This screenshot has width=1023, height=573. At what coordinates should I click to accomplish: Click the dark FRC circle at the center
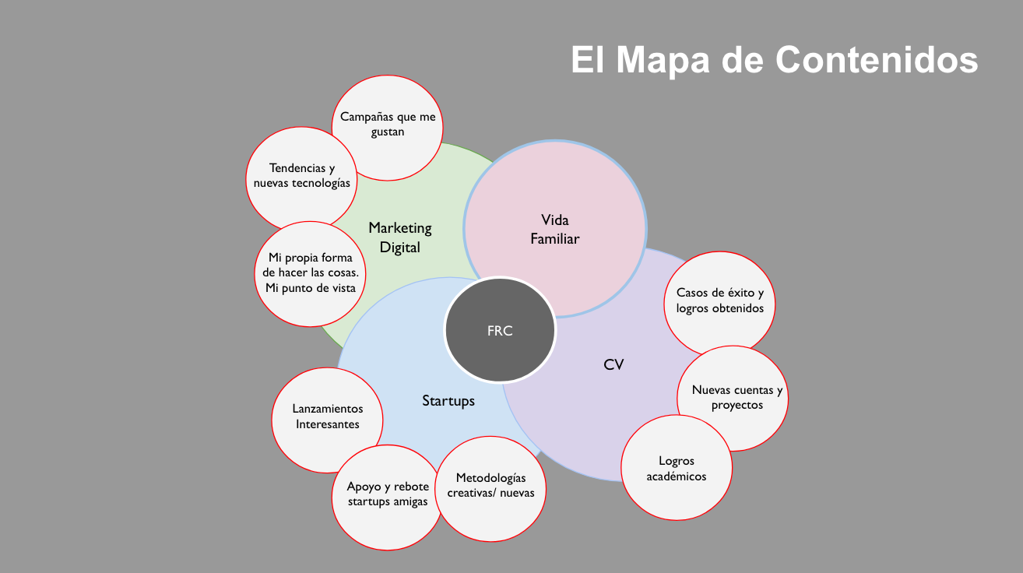coord(500,329)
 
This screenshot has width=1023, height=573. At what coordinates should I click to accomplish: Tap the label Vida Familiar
coord(555,229)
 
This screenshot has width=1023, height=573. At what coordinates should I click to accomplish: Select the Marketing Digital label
coord(400,237)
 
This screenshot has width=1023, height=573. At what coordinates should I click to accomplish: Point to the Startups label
coord(448,400)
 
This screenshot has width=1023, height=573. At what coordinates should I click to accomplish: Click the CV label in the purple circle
coord(613,364)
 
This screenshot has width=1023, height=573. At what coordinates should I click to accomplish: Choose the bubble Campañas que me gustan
coord(387,128)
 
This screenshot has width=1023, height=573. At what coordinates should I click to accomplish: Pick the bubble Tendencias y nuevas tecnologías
coord(301,179)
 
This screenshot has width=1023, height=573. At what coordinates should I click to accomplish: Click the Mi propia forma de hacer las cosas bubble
coord(310,274)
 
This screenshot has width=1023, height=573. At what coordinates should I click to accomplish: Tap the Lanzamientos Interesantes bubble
coord(327,420)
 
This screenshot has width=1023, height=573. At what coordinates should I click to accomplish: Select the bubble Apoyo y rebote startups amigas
coord(387,497)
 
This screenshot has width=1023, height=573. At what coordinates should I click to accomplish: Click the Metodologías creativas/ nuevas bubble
coord(490,489)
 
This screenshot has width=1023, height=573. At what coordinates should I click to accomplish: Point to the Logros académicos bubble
coord(677,468)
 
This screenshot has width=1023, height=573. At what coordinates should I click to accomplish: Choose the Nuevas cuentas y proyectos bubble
coord(733,399)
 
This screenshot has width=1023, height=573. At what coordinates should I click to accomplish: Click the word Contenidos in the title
coord(877,59)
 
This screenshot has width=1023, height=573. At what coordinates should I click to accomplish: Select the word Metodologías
coord(491,478)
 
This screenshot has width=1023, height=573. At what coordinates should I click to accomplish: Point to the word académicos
coord(677,476)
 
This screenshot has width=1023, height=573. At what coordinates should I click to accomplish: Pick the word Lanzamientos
coord(328,409)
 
